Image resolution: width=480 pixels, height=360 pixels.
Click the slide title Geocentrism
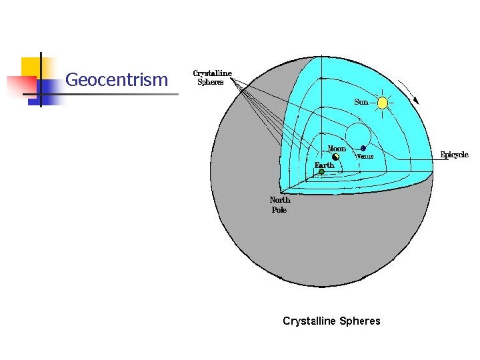click(x=117, y=80)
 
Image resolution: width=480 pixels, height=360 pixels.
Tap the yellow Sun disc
click(x=382, y=103)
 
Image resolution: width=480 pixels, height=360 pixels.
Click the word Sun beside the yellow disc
click(x=361, y=102)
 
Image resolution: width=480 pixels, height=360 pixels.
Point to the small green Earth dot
click(x=321, y=171)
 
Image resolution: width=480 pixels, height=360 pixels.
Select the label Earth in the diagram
click(x=325, y=165)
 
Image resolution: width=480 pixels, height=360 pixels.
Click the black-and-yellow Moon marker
click(x=336, y=157)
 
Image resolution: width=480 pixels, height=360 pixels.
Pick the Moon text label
click(x=337, y=148)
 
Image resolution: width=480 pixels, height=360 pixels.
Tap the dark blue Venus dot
click(x=363, y=148)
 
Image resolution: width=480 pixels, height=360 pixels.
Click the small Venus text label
click(x=365, y=157)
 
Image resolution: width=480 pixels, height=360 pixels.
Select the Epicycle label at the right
click(x=454, y=155)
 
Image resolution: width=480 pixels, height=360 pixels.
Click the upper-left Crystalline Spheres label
click(x=212, y=77)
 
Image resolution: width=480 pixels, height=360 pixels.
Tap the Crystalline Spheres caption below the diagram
click(x=331, y=321)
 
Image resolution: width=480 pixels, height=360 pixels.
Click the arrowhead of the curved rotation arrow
click(x=417, y=101)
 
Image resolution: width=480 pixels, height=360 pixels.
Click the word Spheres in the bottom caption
click(x=359, y=321)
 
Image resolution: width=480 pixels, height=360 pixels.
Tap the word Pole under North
click(x=279, y=210)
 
